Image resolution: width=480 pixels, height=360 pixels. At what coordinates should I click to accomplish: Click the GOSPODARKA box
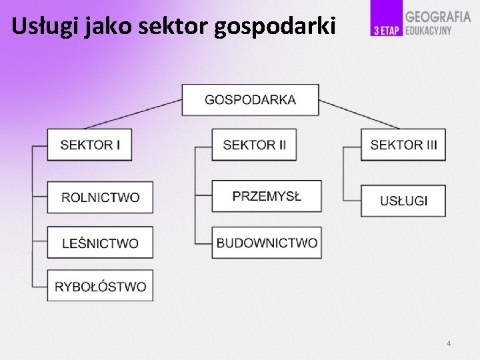click(250, 100)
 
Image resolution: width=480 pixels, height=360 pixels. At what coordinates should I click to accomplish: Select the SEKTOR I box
click(89, 145)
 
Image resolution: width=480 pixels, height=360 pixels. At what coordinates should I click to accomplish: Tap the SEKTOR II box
click(254, 145)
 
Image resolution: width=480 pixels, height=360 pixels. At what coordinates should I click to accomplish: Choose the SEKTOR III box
click(403, 145)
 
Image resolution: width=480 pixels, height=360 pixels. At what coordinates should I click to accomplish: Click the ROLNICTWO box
click(100, 197)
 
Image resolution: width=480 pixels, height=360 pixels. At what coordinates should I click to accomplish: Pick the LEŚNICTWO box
click(100, 243)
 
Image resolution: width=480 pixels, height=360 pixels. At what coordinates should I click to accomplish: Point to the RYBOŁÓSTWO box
click(100, 286)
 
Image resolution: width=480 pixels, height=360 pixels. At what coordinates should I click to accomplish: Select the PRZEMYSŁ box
click(267, 196)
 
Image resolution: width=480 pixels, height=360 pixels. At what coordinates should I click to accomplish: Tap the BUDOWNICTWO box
click(267, 243)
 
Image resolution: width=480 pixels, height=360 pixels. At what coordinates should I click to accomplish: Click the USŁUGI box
click(403, 201)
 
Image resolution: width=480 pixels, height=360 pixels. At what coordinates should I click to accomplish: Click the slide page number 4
click(449, 343)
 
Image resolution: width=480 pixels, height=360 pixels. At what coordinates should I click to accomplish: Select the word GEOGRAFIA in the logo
click(438, 17)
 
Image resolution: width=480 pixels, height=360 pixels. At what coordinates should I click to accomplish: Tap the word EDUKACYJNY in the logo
click(429, 31)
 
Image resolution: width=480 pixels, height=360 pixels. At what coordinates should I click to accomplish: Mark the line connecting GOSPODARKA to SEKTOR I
click(133, 113)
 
